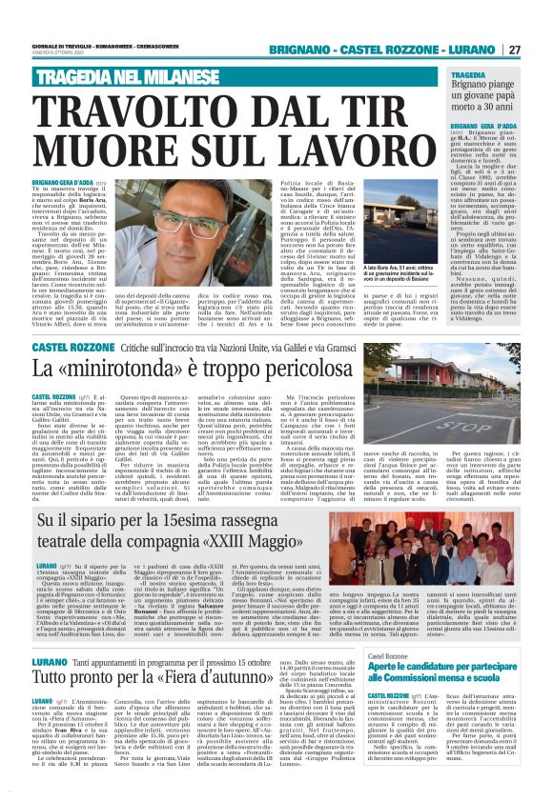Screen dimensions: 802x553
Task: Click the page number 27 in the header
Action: point(540,50)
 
